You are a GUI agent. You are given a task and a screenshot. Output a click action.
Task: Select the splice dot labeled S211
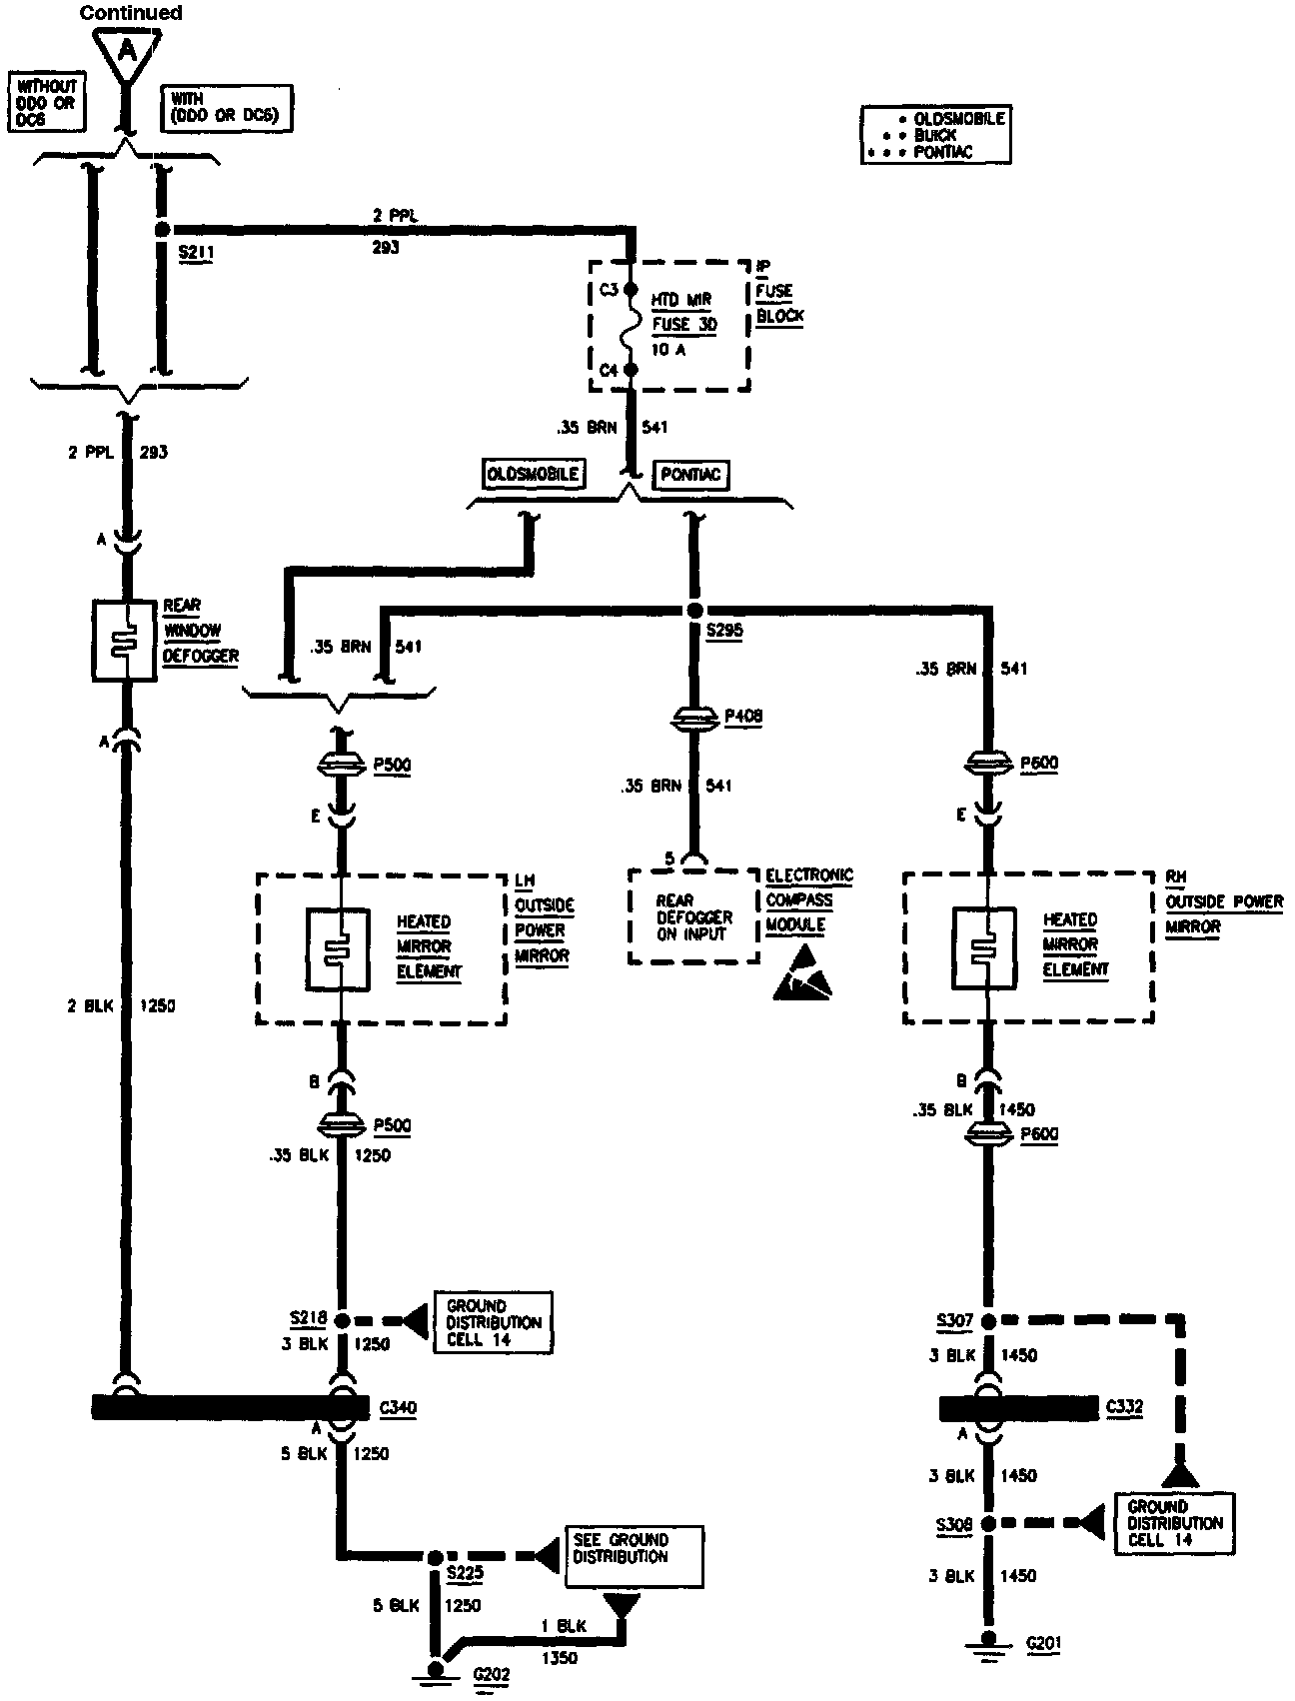tap(163, 230)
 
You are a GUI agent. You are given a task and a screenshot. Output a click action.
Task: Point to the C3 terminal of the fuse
tap(631, 290)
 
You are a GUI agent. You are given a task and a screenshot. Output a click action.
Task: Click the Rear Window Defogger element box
tap(124, 641)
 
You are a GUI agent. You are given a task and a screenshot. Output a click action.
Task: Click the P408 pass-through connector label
tap(743, 716)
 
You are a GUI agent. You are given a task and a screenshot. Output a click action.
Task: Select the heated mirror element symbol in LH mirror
tap(339, 948)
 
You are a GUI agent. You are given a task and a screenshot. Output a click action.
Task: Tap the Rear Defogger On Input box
tap(693, 916)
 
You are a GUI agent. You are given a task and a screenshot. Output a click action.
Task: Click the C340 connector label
tap(398, 1408)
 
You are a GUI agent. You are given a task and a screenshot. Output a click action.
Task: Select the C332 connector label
tap(1124, 1408)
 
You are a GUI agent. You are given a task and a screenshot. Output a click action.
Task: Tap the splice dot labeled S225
tap(436, 1557)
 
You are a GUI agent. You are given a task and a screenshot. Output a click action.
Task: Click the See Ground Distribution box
tap(634, 1556)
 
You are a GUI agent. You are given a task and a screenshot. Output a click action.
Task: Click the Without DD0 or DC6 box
tap(46, 103)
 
